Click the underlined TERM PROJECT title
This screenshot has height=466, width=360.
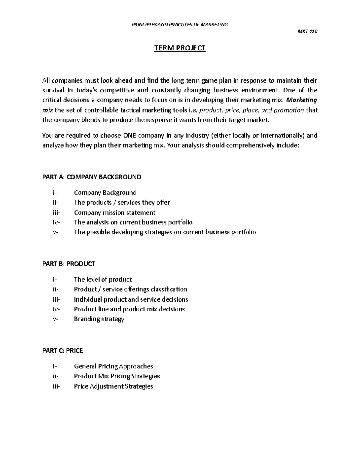(180, 48)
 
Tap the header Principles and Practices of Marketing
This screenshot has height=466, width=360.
(180, 25)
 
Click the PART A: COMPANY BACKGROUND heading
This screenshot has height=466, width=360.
(91, 177)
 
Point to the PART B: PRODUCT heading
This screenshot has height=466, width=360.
(69, 264)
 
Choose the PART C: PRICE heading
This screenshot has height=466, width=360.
(63, 350)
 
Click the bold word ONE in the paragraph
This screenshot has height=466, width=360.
(130, 135)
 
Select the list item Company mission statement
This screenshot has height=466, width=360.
(115, 212)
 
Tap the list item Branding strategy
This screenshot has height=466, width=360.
(99, 319)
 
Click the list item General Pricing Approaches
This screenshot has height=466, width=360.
(113, 366)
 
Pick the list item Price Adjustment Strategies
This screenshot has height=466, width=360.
(113, 386)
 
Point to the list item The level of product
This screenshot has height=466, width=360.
(103, 279)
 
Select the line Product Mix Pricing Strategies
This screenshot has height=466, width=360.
(117, 376)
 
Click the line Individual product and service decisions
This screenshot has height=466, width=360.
(131, 299)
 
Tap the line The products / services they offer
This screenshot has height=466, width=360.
(122, 203)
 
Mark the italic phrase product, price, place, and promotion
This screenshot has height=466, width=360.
(251, 110)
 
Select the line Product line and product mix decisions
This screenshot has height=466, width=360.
(129, 309)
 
